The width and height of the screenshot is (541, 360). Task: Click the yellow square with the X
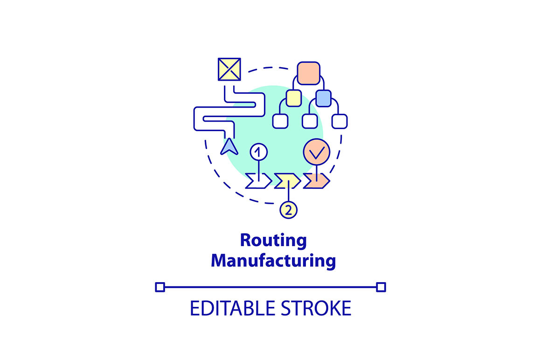coord(229,69)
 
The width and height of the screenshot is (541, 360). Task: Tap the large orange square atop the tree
coord(308,73)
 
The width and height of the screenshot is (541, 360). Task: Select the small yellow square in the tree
coord(294,98)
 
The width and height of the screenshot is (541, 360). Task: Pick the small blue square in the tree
coord(323,98)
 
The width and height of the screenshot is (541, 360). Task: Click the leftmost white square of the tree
coord(280,121)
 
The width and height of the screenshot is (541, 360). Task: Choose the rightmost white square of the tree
coord(339,121)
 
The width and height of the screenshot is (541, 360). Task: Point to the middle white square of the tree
coord(310,121)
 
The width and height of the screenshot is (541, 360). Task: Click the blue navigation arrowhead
coord(229,146)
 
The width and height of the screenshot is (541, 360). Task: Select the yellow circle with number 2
coord(288,210)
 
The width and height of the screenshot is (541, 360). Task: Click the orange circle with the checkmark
coord(317,152)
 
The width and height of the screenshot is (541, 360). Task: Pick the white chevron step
coord(258,181)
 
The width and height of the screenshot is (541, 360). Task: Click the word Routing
coord(273,241)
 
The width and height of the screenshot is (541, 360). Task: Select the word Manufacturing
coord(273,260)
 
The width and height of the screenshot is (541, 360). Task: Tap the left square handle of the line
coord(160,287)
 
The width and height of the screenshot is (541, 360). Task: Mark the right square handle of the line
coord(381,287)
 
